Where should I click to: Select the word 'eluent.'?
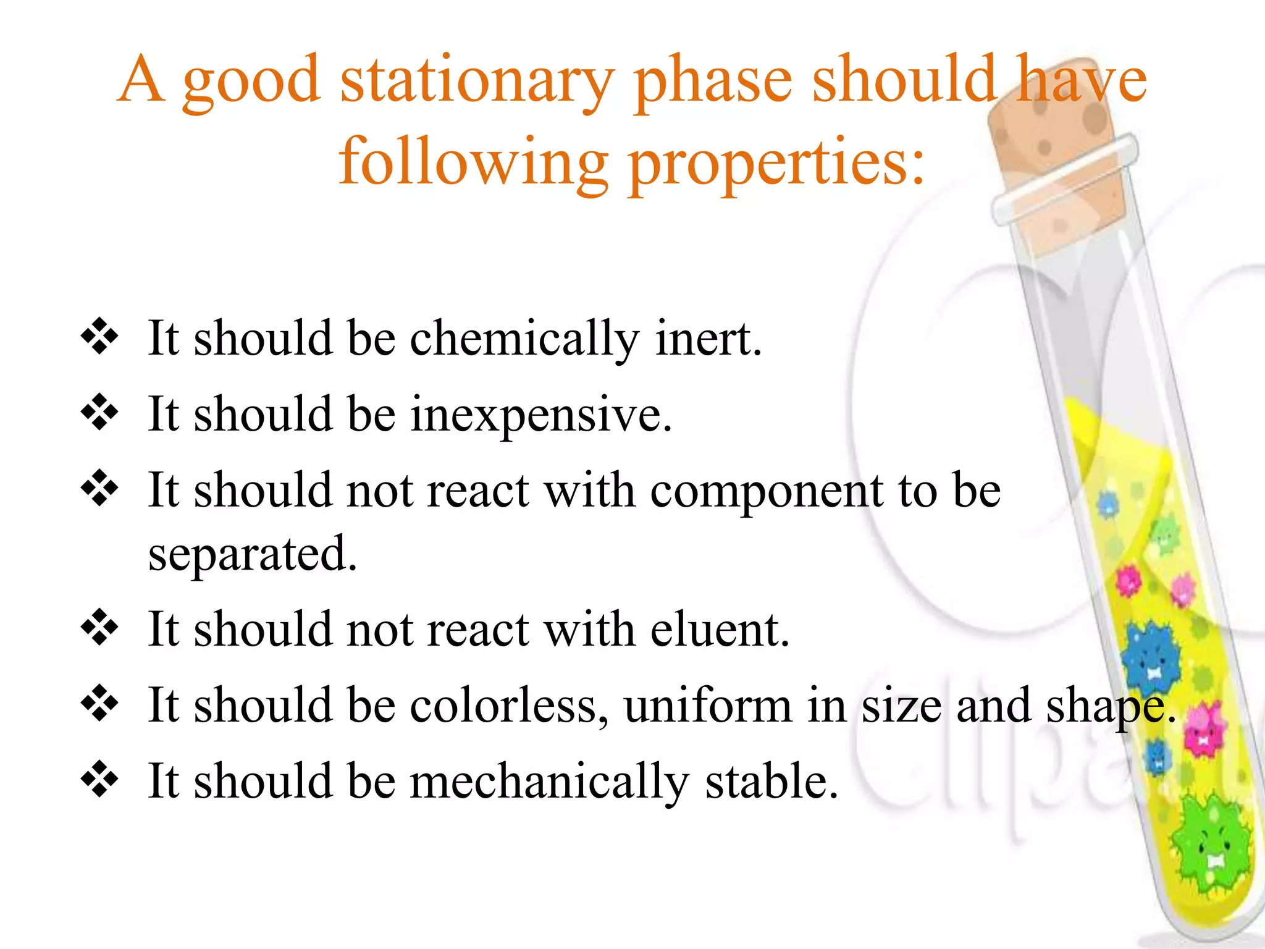click(720, 630)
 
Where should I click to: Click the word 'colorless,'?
click(509, 706)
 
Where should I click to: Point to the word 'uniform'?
click(708, 706)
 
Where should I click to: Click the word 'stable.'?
click(772, 782)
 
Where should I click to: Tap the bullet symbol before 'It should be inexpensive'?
click(99, 412)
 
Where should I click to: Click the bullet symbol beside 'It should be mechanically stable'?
click(99, 779)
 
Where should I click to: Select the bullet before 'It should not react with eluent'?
click(99, 627)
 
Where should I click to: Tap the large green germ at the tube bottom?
click(1211, 846)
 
